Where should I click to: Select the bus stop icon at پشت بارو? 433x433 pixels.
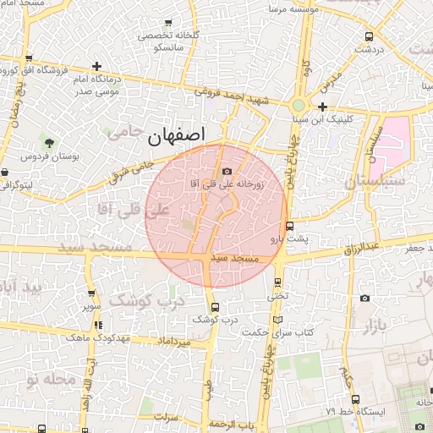290,226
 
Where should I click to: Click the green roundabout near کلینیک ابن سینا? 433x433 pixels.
299,107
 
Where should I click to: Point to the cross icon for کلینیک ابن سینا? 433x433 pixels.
322,107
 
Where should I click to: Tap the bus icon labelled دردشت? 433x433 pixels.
369,36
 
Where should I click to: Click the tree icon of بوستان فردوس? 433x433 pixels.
49,142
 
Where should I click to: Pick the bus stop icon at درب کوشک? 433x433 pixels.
215,307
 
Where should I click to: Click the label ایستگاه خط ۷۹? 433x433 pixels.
381,410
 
